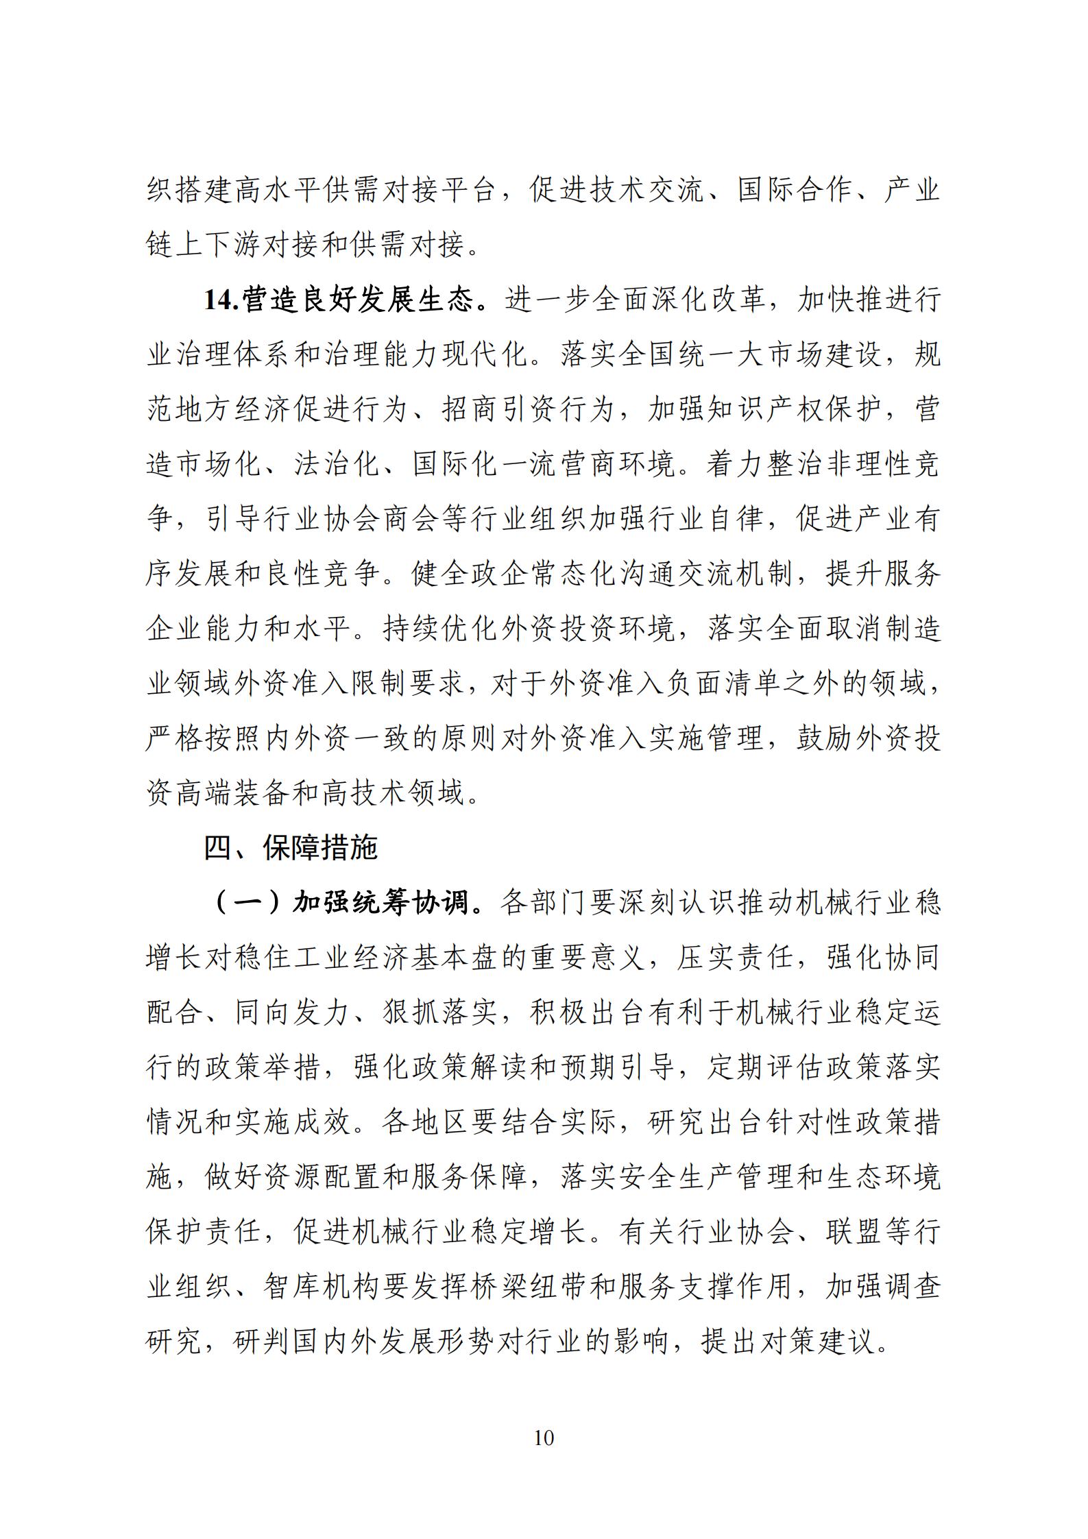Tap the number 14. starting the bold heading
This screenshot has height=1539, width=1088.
(x=221, y=300)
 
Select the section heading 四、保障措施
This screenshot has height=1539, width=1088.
(x=291, y=849)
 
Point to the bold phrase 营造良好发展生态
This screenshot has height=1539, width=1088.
(x=356, y=300)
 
